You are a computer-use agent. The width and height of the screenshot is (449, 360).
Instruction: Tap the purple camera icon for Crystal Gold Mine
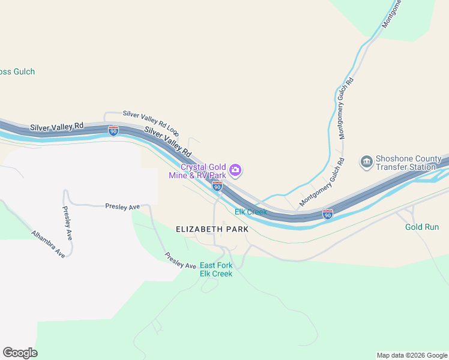click(x=236, y=171)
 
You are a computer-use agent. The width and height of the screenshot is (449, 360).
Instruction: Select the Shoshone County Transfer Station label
click(x=406, y=163)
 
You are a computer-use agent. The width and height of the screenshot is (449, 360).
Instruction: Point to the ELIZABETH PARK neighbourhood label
click(x=212, y=229)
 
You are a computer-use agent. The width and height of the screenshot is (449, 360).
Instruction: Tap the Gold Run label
click(x=421, y=227)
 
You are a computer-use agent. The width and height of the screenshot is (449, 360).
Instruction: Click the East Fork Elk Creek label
click(x=215, y=269)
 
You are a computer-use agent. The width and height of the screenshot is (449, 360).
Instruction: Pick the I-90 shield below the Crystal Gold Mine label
click(x=217, y=187)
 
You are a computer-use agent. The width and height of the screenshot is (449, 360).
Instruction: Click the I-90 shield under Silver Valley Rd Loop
click(x=113, y=130)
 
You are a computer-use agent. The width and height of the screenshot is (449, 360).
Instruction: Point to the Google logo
click(x=20, y=353)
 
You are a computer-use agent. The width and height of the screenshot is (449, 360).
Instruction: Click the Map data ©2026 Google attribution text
click(x=412, y=355)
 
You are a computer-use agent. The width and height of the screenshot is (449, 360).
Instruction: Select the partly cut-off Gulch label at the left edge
click(x=17, y=71)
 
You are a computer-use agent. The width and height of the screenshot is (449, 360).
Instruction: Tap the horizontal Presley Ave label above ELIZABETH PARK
click(x=122, y=206)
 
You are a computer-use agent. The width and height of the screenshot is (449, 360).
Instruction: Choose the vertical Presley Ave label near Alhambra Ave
click(x=68, y=223)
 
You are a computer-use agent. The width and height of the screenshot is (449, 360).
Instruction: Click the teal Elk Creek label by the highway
click(x=250, y=212)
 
